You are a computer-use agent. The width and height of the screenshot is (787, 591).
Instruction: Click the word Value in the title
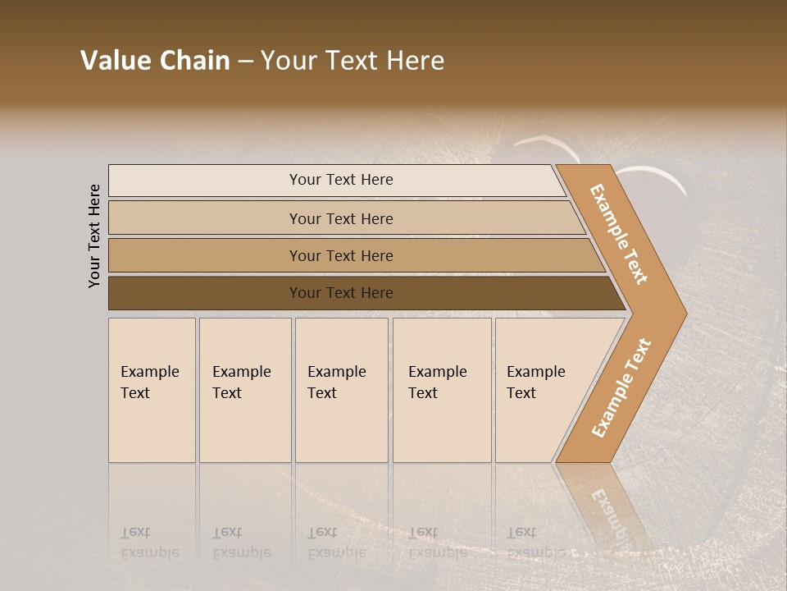(x=115, y=61)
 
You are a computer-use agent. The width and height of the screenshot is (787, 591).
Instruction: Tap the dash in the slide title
(x=245, y=62)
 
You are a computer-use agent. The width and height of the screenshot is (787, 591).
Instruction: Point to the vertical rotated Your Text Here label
(x=94, y=236)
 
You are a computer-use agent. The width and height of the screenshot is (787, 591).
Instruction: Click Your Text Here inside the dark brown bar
(x=341, y=293)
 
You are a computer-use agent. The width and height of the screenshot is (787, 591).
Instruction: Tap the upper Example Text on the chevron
(x=619, y=234)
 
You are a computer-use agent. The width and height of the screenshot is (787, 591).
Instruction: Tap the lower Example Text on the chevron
(x=621, y=387)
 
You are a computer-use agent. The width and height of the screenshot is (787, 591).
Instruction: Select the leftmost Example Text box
(x=152, y=390)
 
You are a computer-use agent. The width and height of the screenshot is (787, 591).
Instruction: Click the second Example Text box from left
(x=245, y=390)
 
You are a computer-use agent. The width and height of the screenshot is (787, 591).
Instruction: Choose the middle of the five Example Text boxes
(x=341, y=390)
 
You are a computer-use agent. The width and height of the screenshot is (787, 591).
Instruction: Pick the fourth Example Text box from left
(x=442, y=390)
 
